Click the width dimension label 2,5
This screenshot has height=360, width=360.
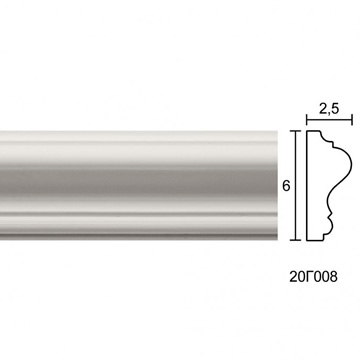(x=329, y=109)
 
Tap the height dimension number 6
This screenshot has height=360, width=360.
(x=286, y=186)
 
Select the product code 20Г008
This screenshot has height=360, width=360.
(x=313, y=277)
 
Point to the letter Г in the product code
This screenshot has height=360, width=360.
(x=308, y=277)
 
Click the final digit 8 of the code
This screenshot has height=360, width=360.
(x=333, y=277)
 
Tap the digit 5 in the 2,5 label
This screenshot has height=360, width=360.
(x=335, y=109)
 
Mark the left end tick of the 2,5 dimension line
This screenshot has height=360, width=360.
(x=307, y=119)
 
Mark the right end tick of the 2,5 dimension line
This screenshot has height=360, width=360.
(x=352, y=119)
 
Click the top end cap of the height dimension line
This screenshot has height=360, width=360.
(x=295, y=131)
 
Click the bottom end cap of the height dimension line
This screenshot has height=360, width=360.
(x=295, y=240)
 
